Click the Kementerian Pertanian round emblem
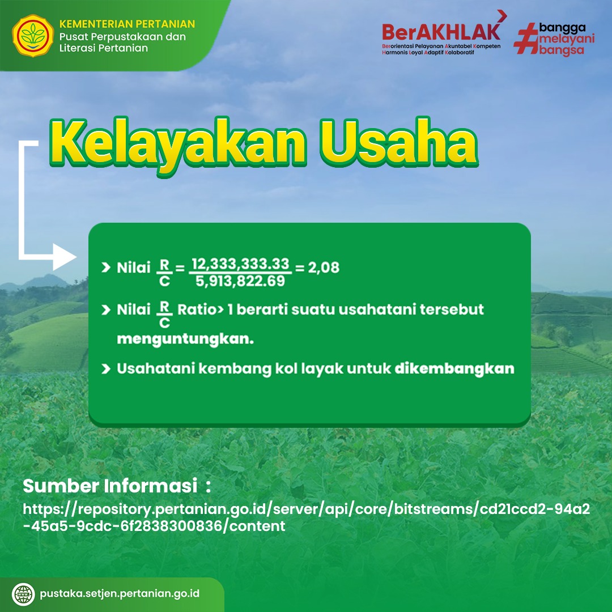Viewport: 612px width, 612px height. pos(33,36)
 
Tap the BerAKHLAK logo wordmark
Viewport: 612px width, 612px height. pos(441,32)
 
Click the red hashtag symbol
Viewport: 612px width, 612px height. pos(525,39)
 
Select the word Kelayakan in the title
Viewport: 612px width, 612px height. pos(177,144)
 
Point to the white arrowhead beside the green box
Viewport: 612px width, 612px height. pos(65,257)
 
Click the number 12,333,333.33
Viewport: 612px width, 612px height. pos(240,264)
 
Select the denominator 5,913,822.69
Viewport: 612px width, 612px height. pos(240,281)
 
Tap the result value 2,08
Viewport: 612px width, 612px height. pos(324,267)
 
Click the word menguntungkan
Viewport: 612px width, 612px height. pos(185,339)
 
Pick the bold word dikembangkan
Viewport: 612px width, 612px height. pos(454,368)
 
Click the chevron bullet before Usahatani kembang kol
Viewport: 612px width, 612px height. pos(106,369)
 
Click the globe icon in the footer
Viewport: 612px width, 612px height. pos(23,594)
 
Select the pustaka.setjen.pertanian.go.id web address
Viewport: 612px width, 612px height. pos(120,594)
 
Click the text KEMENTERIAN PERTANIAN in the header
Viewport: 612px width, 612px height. pos(127,24)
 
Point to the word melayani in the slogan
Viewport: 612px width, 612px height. pos(567,39)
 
